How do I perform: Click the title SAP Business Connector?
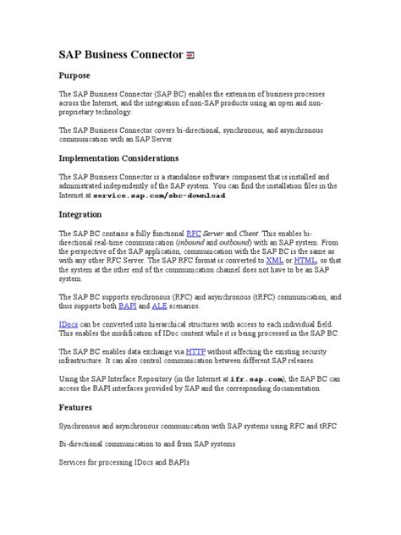point(120,55)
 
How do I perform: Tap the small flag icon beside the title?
point(191,56)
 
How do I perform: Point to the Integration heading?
point(84,214)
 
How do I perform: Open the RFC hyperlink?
point(193,232)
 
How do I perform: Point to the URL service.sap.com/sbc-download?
point(160,195)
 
